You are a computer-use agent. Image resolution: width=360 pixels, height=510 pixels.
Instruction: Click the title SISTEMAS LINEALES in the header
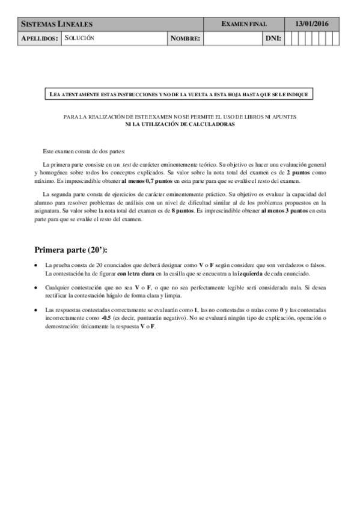coord(57,24)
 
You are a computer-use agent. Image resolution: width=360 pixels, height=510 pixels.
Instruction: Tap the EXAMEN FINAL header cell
coord(244,24)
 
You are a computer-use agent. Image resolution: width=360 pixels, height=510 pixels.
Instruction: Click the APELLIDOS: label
coord(40,38)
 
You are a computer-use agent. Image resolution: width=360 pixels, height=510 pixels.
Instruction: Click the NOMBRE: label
coord(185,38)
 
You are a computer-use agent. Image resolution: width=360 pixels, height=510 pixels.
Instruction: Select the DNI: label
coord(273,38)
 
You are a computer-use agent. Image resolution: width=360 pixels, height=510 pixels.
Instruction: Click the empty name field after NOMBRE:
coord(233,38)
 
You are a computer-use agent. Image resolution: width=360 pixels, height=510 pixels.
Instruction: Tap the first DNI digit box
coord(288,38)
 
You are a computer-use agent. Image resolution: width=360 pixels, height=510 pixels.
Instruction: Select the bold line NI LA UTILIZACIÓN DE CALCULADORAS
coord(180,123)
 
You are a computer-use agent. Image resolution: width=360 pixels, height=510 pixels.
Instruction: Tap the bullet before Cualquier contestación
coord(38,287)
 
